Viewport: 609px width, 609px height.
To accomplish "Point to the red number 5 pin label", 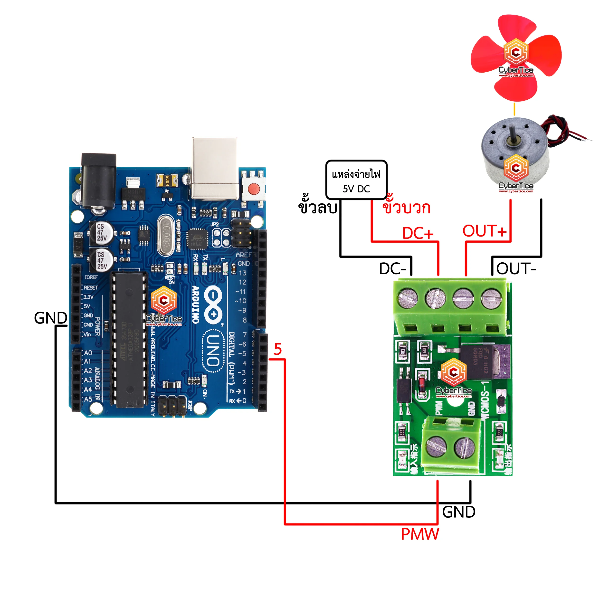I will click(277, 350).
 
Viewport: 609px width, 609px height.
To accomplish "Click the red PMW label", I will click(420, 534).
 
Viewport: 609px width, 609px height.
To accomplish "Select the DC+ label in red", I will click(418, 234).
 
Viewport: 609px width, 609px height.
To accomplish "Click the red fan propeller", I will click(516, 57).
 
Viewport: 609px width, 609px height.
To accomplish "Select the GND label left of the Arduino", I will click(50, 318).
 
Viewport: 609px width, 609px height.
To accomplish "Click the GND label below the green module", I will click(459, 512).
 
